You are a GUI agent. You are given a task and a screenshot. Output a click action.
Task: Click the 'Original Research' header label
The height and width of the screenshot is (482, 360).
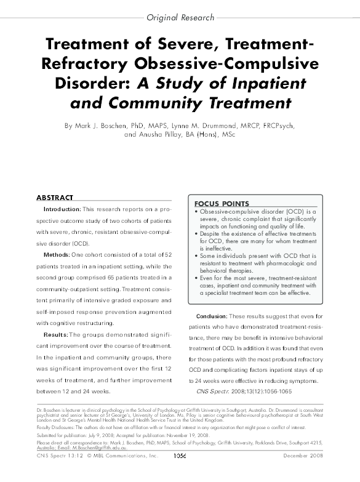[180, 18]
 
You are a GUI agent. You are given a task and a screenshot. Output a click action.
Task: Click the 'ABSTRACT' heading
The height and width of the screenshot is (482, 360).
[55, 198]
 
